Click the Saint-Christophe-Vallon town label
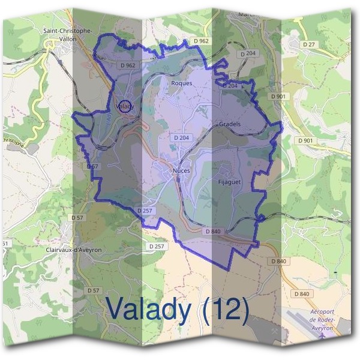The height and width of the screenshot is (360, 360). tap(67, 34)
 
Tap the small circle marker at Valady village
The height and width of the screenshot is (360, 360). tap(124, 107)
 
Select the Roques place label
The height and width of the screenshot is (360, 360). tap(182, 83)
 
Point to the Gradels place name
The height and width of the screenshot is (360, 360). tap(230, 124)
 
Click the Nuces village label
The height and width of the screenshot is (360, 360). tap(181, 171)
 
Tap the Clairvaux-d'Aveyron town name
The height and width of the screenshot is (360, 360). tap(74, 249)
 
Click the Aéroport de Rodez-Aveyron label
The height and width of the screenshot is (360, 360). tap(326, 320)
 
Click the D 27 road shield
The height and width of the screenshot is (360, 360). tap(309, 44)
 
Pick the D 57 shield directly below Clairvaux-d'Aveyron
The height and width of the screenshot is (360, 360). tap(93, 290)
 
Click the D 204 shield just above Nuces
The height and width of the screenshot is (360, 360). tap(181, 138)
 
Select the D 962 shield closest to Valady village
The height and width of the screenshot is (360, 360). tap(128, 65)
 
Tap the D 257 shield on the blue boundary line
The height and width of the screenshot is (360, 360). tap(145, 211)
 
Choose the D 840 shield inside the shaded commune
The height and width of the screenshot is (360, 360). tap(214, 231)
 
